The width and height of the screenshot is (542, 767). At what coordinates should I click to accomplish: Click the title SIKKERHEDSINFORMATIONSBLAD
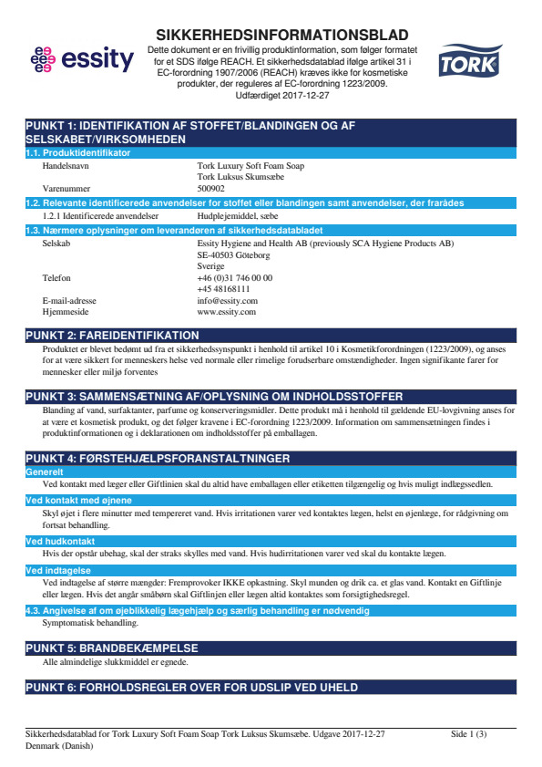pos(282,35)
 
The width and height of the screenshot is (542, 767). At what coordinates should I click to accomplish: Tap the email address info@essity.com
pos(227,300)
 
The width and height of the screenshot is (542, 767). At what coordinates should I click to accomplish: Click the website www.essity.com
pos(226,311)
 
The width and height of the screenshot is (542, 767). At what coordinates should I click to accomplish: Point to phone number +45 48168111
pos(223,288)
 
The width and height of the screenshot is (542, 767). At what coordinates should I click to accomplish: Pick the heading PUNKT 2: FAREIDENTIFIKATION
pos(112,336)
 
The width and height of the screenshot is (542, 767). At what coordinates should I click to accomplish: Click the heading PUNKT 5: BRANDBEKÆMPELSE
pos(111,648)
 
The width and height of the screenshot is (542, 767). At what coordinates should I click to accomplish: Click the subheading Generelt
pos(45,472)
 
